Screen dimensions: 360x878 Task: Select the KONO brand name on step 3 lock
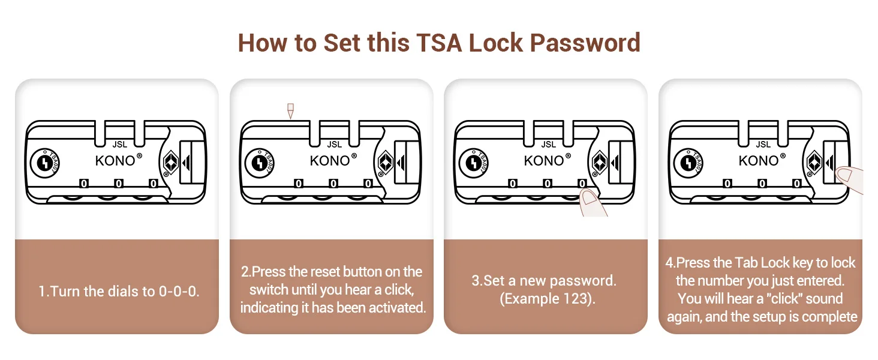click(543, 161)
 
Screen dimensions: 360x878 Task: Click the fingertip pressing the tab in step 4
click(845, 175)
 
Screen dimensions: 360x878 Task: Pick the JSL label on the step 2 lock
click(334, 144)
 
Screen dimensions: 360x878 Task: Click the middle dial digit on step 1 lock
click(119, 183)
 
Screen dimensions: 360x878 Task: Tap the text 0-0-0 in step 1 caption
click(178, 292)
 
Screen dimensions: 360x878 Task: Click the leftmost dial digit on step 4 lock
click(727, 183)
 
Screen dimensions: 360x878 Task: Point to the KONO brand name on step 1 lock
click(115, 161)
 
